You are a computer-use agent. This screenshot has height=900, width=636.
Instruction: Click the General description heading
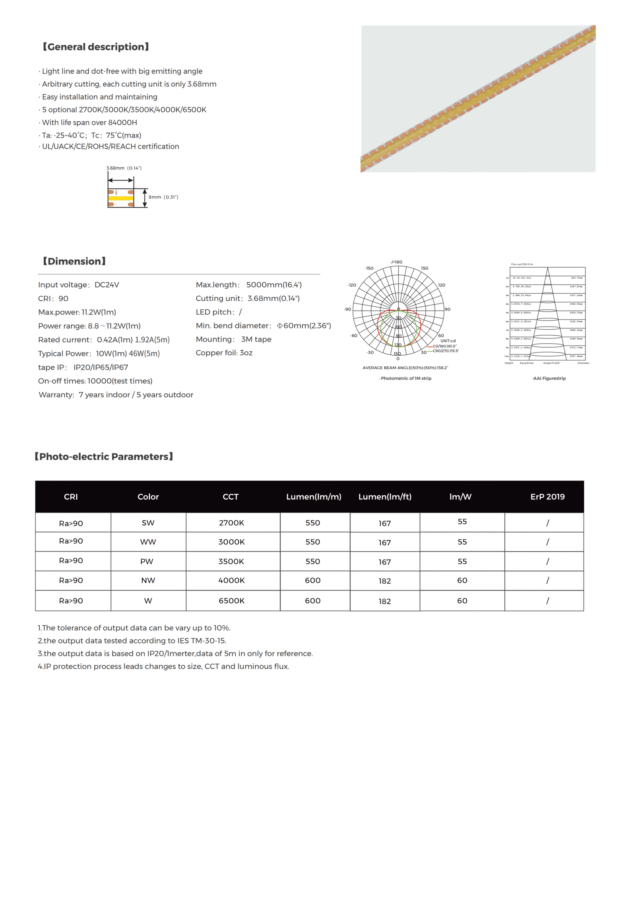[x=95, y=47]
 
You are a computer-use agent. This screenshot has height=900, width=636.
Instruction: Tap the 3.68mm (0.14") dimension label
[x=124, y=168]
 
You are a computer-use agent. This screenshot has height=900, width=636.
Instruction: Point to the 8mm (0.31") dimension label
[x=163, y=197]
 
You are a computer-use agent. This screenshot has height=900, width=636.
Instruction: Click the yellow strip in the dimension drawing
[x=120, y=198]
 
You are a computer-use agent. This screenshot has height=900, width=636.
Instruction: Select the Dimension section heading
[x=74, y=261]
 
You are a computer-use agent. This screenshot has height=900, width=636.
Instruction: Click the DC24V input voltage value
[x=107, y=285]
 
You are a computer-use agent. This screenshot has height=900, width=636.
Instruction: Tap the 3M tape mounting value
[x=256, y=339]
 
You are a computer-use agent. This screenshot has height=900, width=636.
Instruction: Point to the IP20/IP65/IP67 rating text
[x=101, y=367]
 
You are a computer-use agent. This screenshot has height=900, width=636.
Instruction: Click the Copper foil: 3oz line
[x=224, y=353]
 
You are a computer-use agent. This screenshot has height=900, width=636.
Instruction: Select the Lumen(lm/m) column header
[x=314, y=497]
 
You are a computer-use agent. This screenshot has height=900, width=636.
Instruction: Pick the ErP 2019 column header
[x=547, y=497]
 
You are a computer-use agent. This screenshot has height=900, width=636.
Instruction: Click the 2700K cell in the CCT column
[x=231, y=523]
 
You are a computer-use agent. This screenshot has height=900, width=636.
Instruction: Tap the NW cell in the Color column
[x=148, y=580]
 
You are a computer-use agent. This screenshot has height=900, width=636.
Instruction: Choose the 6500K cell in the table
[x=231, y=601]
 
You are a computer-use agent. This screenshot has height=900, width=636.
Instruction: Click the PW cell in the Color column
[x=147, y=561]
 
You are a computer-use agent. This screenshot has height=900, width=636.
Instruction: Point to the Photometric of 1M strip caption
[x=405, y=378]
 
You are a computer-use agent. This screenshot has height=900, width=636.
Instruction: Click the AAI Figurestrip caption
[x=549, y=378]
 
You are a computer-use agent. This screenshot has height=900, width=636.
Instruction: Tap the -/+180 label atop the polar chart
[x=396, y=262]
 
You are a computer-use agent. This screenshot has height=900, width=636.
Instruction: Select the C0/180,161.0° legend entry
[x=444, y=346]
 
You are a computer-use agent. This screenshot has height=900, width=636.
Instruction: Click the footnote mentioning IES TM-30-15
[x=132, y=641]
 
